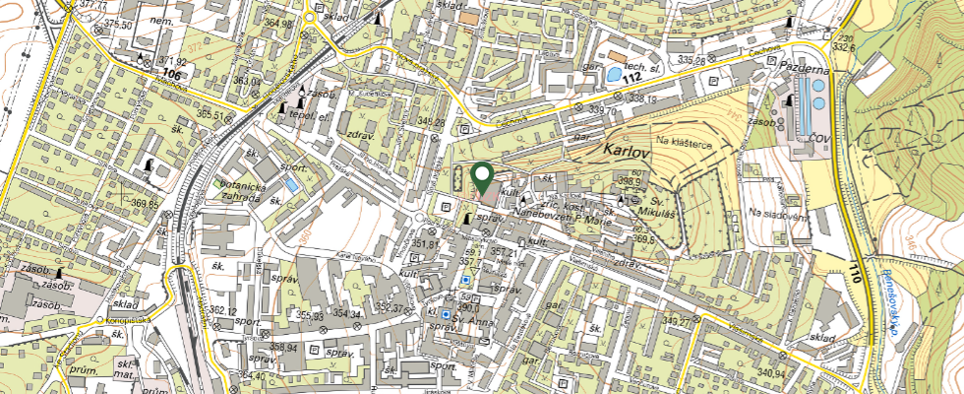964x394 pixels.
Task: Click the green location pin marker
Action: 483,178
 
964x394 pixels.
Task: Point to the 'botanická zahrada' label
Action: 241,192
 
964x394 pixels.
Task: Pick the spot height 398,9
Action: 632,182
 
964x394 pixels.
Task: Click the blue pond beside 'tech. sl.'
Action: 613,74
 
